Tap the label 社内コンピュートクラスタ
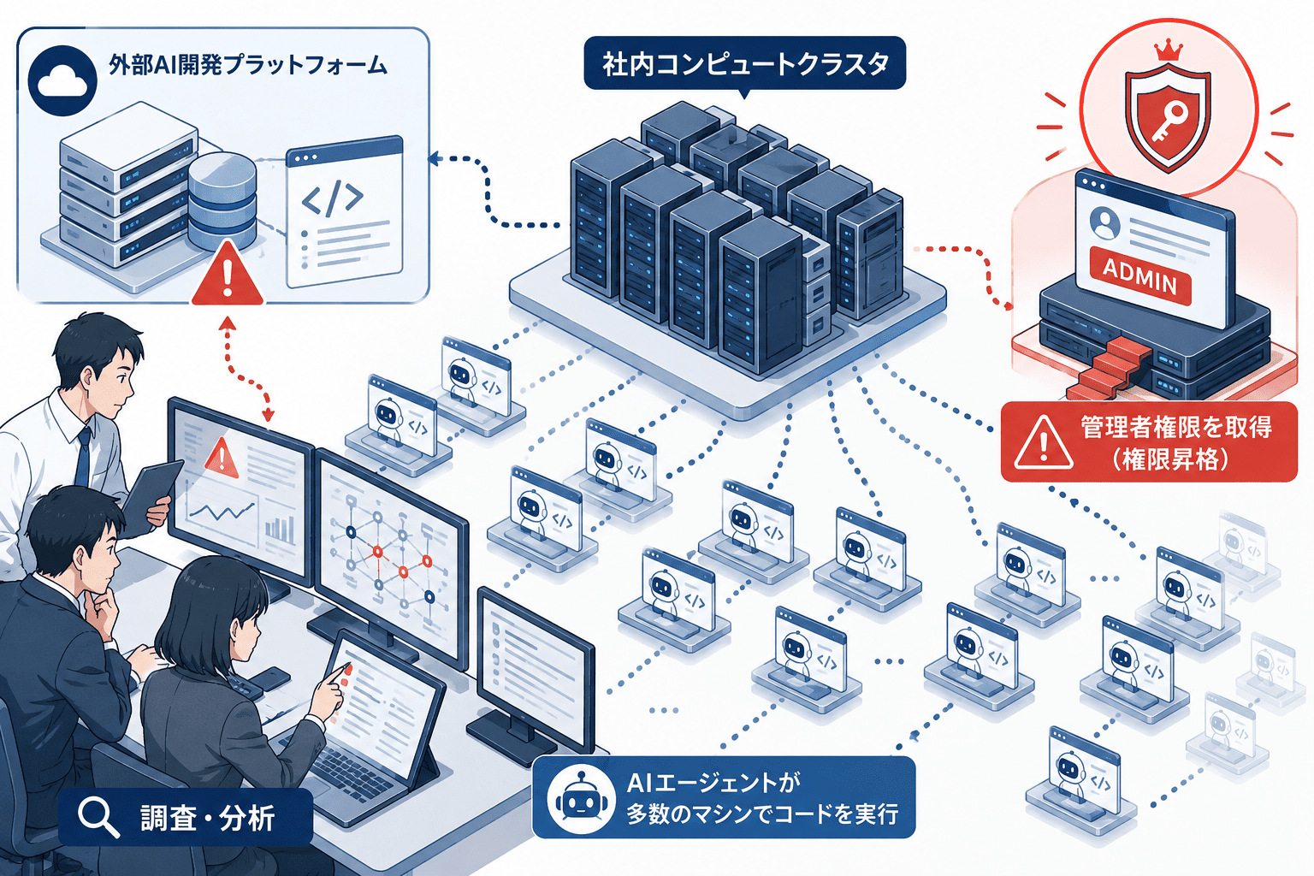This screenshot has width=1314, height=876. point(745,63)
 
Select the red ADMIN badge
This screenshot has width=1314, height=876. point(1139,276)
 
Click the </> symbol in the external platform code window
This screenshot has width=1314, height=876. point(332,199)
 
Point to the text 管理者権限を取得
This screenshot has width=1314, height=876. point(1177,427)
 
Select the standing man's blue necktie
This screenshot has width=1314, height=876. point(83,457)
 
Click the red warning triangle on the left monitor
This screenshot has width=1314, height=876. point(221,457)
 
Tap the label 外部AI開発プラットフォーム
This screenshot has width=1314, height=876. point(247,64)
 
